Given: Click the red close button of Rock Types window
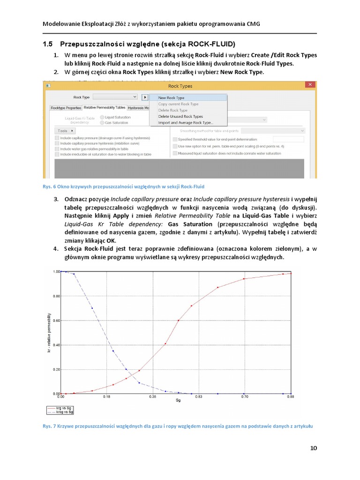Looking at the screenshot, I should click(310, 85).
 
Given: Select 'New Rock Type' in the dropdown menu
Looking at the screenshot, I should click(171, 98).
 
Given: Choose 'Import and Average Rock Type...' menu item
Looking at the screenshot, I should click(185, 123).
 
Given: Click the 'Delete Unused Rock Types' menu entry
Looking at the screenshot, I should click(180, 116).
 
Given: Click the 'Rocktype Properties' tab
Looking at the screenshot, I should click(66, 107).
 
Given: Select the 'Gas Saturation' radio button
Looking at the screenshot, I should click(103, 123).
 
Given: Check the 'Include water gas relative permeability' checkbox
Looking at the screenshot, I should click(57, 149).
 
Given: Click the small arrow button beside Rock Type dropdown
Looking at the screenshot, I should click(145, 97).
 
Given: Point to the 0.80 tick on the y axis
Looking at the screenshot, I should click(56, 296).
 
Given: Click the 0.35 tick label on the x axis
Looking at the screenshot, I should click(152, 397).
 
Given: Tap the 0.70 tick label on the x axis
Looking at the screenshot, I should click(245, 397).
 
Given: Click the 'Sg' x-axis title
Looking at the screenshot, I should click(178, 400).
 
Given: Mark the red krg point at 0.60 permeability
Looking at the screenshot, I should click(179, 321).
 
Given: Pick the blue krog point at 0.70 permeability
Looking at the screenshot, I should click(92, 308).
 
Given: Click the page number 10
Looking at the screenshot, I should click(314, 448).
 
